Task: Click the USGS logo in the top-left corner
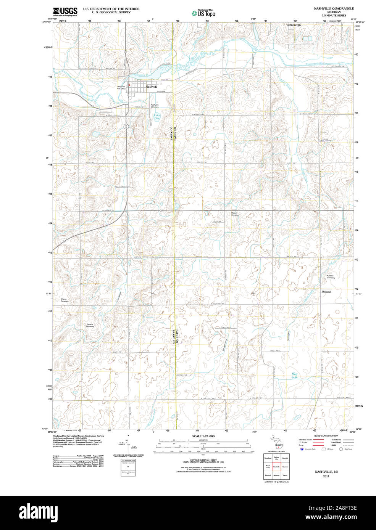65,11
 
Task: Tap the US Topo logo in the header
204,13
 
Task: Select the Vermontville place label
294,25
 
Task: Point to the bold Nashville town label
152,87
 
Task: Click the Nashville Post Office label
121,87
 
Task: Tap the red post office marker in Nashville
129,85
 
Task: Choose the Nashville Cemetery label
155,106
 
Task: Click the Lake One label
157,117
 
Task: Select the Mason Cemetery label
235,214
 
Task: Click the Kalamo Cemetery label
331,276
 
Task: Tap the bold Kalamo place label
326,292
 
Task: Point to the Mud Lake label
294,375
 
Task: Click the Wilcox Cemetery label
65,300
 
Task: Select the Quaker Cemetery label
90,325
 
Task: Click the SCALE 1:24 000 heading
203,436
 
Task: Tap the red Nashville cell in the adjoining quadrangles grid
276,466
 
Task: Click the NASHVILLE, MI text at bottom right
326,472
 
